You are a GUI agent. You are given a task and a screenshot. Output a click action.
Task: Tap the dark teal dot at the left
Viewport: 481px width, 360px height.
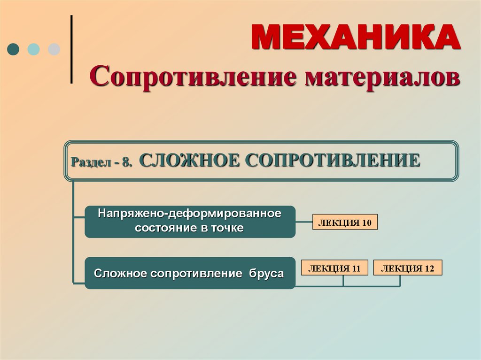click(x=13, y=49)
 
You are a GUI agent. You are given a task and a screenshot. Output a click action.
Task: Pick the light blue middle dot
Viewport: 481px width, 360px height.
click(x=33, y=49)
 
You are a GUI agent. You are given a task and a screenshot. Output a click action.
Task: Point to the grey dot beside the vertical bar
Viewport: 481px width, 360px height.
click(x=54, y=49)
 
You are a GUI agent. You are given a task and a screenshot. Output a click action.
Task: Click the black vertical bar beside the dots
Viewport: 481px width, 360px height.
click(x=71, y=49)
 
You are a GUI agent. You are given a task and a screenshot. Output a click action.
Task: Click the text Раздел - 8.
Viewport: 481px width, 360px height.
click(x=101, y=162)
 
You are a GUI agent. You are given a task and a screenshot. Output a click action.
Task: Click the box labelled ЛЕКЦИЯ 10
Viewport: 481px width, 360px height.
click(x=345, y=222)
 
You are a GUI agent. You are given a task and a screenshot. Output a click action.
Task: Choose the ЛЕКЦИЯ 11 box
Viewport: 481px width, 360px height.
click(x=334, y=268)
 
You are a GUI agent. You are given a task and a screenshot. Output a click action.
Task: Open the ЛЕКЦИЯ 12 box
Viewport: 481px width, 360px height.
click(x=407, y=268)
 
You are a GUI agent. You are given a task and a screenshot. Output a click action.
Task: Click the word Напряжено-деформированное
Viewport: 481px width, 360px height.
click(x=190, y=214)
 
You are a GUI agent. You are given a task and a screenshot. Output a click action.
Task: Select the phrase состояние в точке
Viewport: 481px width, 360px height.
click(x=190, y=228)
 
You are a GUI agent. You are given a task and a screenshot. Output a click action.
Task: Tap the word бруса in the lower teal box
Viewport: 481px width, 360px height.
click(x=263, y=273)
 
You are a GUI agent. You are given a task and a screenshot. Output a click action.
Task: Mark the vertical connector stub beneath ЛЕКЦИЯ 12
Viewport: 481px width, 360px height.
click(x=400, y=281)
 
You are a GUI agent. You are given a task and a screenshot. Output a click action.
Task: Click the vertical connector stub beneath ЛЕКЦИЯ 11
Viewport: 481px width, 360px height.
click(x=343, y=281)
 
